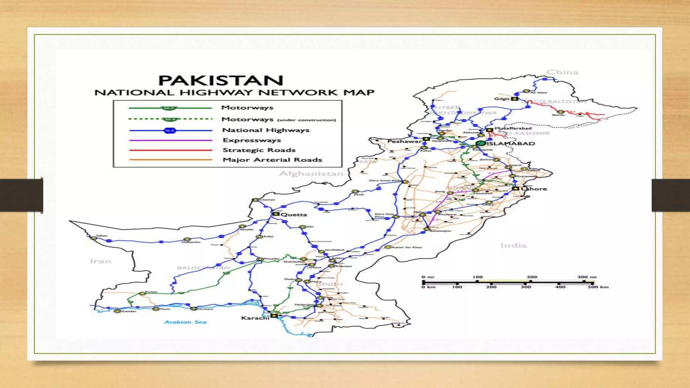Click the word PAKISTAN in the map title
221,81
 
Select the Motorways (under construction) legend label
279,120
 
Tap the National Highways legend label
266,130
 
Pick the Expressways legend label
252,140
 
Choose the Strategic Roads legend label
259,150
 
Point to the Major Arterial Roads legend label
272,160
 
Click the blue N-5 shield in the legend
170,131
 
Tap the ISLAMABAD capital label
511,143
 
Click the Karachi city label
255,318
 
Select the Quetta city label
294,215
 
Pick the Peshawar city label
404,141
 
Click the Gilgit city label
502,99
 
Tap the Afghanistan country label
311,174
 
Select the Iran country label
100,261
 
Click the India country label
513,246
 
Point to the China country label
562,72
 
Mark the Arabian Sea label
185,322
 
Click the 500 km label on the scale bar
598,287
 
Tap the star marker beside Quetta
276,214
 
